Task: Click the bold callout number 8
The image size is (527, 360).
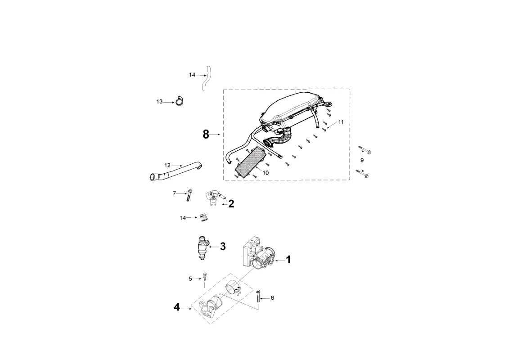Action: (206, 134)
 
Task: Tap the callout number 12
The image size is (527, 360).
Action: (167, 165)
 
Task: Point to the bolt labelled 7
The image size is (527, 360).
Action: (189, 195)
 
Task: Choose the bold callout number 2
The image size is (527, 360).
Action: (231, 204)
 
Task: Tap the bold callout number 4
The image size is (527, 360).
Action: (177, 307)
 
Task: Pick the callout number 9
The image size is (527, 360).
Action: (362, 160)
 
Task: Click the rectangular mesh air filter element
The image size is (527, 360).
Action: (248, 163)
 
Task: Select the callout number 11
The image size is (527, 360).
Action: (341, 122)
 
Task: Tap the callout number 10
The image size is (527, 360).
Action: (266, 172)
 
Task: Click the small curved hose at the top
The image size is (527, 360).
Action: (207, 79)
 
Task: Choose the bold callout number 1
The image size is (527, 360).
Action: (288, 260)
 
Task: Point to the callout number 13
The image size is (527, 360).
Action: (159, 102)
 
